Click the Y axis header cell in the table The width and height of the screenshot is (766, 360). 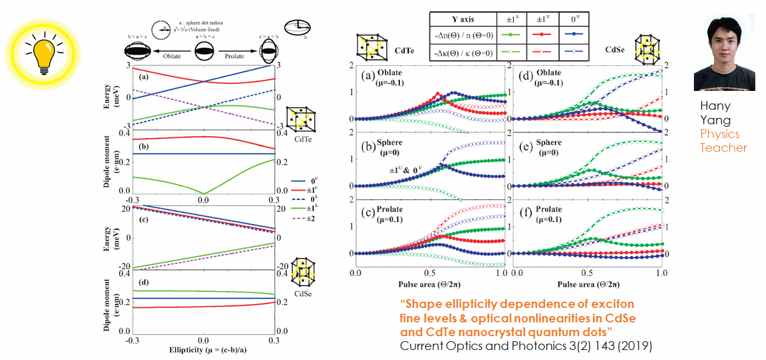462,19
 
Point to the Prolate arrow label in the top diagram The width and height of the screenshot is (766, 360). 239,56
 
